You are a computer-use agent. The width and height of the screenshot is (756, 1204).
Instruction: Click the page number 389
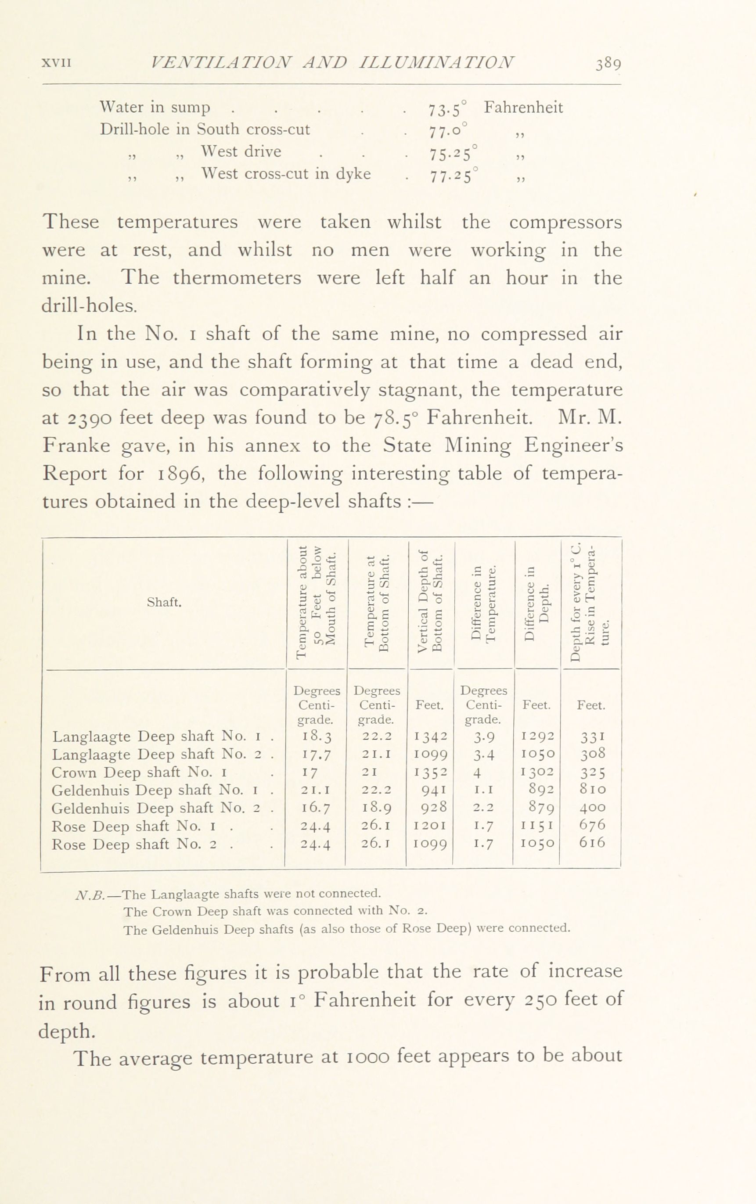coord(608,65)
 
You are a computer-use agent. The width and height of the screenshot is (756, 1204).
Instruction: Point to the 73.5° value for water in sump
coord(447,108)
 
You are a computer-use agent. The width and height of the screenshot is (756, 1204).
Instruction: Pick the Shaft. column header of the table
coord(164,603)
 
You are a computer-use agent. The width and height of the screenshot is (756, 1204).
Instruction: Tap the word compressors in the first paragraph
coord(565,222)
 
